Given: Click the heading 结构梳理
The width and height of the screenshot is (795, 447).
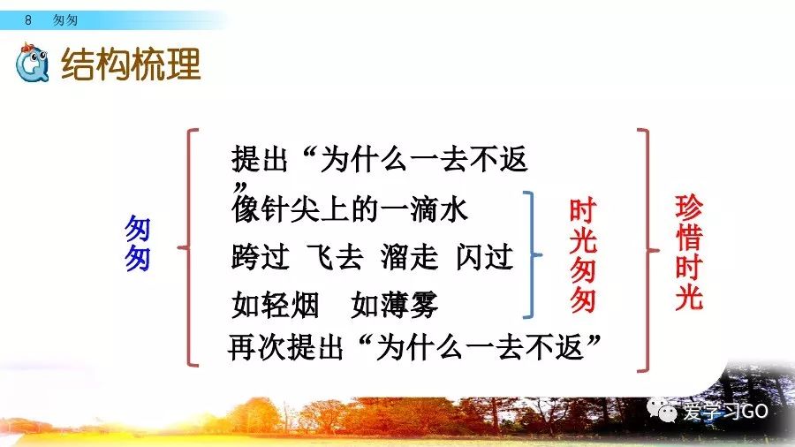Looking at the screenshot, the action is (x=131, y=64).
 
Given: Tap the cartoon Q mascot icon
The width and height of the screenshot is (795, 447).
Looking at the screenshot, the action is (x=32, y=63).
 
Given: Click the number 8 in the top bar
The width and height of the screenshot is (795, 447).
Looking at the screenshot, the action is (x=28, y=19).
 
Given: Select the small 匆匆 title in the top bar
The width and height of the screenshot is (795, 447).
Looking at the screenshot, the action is (x=65, y=19).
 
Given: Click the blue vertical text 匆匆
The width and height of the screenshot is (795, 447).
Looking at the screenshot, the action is (x=138, y=243).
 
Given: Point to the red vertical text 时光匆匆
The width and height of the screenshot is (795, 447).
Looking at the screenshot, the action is (x=583, y=255).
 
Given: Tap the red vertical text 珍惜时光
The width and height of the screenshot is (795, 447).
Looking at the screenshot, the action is (x=688, y=252).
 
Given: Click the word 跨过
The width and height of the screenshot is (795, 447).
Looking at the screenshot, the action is (x=261, y=256).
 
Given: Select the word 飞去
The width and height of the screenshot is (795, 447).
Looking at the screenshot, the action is (x=335, y=256).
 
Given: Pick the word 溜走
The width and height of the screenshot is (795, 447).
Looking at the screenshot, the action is (x=410, y=256).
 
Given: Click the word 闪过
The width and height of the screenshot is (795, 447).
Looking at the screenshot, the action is (x=485, y=256).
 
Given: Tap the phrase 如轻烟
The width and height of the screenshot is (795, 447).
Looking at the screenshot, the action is (x=276, y=305).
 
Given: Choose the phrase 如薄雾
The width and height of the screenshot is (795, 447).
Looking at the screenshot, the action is (x=395, y=305).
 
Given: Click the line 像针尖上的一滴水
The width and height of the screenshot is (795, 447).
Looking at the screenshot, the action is (x=349, y=208).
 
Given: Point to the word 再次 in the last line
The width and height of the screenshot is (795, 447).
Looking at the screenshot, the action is (x=257, y=348).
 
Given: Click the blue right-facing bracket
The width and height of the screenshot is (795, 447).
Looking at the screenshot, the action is (x=533, y=254).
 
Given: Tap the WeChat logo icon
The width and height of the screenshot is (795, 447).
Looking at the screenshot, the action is (x=662, y=410).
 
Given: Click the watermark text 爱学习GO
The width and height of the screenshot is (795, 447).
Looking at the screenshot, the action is (x=725, y=411).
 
